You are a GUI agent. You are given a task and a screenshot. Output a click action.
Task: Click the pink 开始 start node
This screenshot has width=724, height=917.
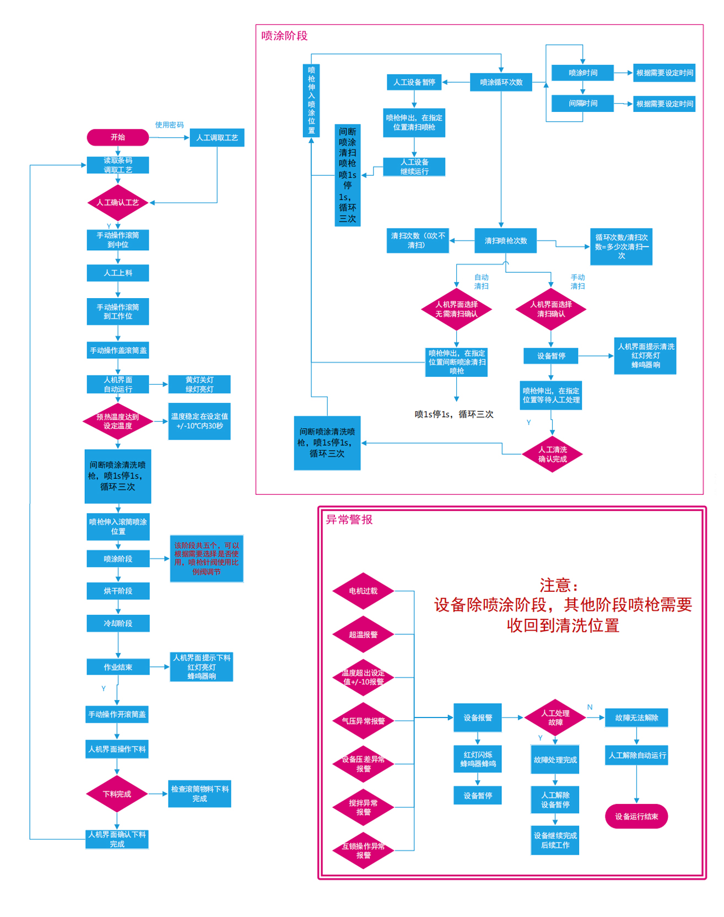click(x=117, y=137)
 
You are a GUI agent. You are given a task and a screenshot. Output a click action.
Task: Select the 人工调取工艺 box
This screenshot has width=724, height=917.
click(x=217, y=137)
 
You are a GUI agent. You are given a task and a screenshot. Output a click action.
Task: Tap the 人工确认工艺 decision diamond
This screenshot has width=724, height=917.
click(x=117, y=202)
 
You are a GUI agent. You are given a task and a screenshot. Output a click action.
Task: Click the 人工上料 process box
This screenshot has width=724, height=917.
click(x=117, y=273)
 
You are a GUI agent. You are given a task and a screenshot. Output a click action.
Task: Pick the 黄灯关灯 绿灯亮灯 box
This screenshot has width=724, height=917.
click(x=199, y=384)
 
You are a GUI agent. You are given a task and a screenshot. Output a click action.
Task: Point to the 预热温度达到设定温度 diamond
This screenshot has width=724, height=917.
click(x=117, y=421)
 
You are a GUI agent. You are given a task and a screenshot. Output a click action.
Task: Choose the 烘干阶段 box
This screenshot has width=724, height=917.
click(x=118, y=591)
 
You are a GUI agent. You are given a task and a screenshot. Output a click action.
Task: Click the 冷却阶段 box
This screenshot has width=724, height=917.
click(x=118, y=623)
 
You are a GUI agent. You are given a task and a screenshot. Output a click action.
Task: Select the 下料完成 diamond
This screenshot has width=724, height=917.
click(x=117, y=794)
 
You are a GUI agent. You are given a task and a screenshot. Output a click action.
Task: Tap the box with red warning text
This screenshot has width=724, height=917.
click(x=206, y=558)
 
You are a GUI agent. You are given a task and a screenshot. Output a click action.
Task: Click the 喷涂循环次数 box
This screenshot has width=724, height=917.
click(x=501, y=82)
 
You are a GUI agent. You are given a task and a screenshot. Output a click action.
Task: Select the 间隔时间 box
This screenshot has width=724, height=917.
click(x=582, y=103)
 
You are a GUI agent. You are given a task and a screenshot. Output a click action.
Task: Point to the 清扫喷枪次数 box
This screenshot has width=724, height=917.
click(x=505, y=241)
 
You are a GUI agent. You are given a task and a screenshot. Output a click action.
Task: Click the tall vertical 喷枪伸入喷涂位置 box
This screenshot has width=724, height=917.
click(x=311, y=100)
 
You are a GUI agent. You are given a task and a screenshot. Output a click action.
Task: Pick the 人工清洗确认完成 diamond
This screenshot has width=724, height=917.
click(x=552, y=454)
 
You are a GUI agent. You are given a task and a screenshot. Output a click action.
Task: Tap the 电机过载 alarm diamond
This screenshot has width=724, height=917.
click(x=363, y=591)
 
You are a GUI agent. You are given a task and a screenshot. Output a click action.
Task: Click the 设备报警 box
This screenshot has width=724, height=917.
click(x=477, y=718)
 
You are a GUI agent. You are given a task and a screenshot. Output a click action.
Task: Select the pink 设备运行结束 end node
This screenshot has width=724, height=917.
click(x=636, y=816)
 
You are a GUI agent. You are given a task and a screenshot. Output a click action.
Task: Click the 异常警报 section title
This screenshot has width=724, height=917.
click(x=349, y=520)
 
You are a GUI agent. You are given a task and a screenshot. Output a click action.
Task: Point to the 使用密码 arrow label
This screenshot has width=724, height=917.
click(x=169, y=125)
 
